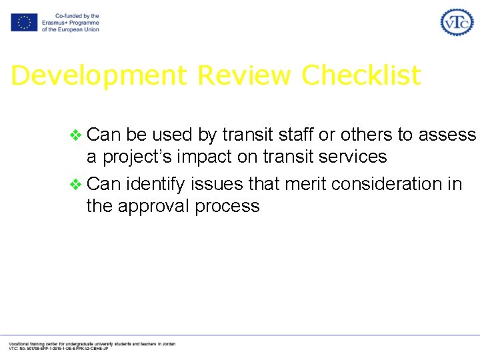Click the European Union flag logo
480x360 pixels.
(x=23, y=23)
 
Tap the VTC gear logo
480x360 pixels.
(x=457, y=22)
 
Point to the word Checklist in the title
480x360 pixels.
(x=361, y=75)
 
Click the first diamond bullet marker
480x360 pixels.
(x=75, y=136)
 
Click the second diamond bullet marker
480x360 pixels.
(x=75, y=184)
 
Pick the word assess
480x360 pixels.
(x=447, y=135)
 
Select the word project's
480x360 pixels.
(x=146, y=157)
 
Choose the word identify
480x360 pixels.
(x=158, y=183)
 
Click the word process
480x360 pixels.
(x=227, y=206)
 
